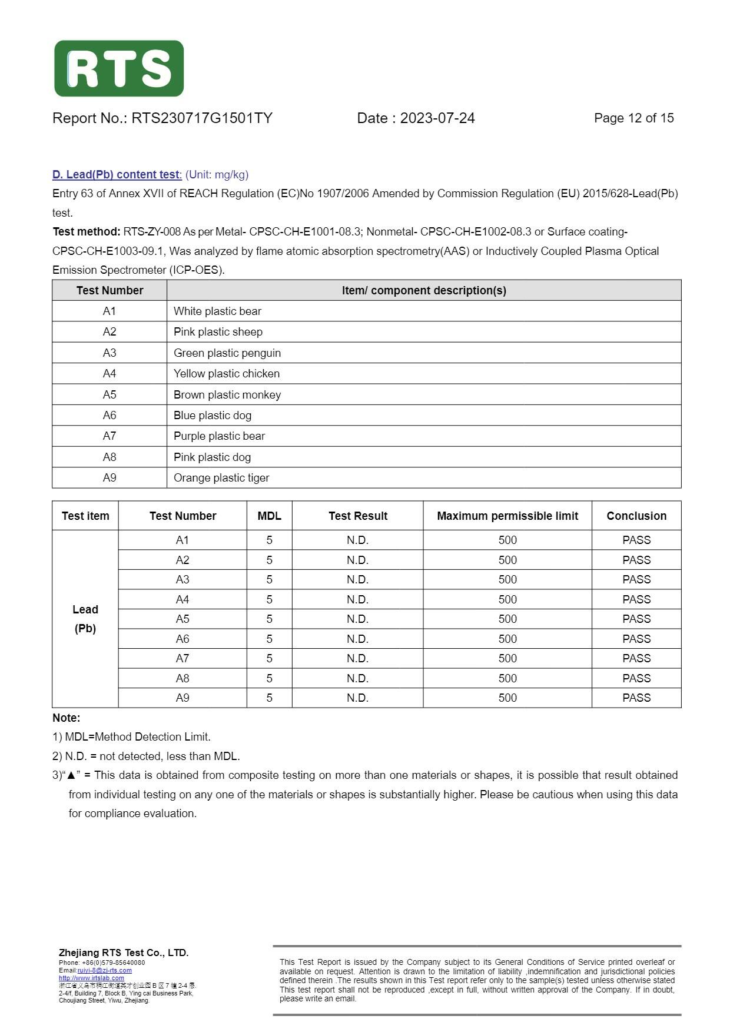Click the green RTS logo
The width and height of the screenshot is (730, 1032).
click(119, 68)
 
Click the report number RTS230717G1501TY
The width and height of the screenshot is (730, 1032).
click(201, 118)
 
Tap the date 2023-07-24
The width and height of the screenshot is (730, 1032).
click(437, 118)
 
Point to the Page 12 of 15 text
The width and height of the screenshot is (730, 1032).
click(633, 118)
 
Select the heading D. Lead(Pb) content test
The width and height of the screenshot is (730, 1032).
click(117, 175)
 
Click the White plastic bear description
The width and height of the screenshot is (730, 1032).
click(217, 311)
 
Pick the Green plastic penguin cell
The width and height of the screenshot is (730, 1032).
click(227, 353)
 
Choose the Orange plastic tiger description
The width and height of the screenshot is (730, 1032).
click(221, 477)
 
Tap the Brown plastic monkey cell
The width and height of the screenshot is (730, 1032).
click(227, 394)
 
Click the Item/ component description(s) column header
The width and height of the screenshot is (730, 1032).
click(424, 290)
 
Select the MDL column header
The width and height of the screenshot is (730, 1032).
click(269, 516)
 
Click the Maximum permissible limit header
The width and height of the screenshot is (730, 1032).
click(507, 516)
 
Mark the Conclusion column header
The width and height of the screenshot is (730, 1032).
click(636, 516)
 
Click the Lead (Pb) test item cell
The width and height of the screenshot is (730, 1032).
click(85, 619)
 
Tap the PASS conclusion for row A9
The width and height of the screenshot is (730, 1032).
click(636, 698)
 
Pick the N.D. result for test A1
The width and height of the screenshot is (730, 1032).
click(357, 540)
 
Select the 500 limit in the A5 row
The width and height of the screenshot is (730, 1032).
click(507, 619)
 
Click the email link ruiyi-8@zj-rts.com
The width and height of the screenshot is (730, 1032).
click(104, 970)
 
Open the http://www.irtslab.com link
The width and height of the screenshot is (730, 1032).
click(91, 978)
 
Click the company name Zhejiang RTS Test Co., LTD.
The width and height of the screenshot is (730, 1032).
click(124, 953)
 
